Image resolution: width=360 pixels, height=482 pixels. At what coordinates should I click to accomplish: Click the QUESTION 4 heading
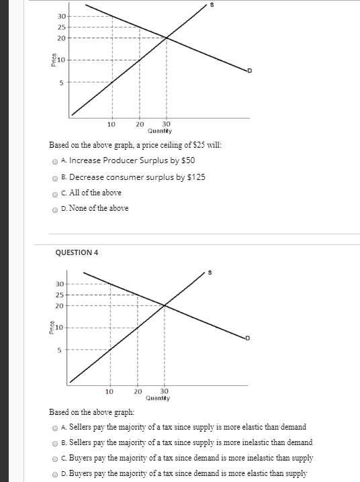click(x=75, y=252)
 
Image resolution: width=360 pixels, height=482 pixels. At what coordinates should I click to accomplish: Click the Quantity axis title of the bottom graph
click(x=157, y=398)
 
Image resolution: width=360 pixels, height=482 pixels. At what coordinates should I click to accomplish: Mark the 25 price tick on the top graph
click(x=61, y=27)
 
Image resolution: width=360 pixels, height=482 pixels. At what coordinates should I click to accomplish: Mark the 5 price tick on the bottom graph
click(x=59, y=349)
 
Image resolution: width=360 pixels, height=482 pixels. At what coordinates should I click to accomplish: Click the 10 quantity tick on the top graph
click(x=111, y=124)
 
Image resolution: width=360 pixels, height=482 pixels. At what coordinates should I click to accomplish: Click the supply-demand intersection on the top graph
click(x=167, y=38)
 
